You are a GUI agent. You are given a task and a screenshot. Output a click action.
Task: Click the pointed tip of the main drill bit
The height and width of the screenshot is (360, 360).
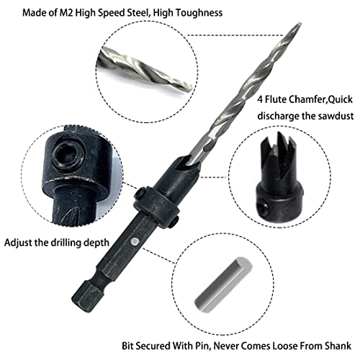tap(300, 24)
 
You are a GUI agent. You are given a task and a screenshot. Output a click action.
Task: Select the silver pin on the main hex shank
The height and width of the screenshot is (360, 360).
tap(135, 241)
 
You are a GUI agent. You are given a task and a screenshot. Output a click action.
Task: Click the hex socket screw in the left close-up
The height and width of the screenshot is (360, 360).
tap(68, 155)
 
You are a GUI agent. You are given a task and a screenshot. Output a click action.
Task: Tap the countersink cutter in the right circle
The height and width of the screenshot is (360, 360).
tap(279, 178)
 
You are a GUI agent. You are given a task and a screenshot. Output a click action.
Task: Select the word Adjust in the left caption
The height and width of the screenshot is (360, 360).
tap(18, 243)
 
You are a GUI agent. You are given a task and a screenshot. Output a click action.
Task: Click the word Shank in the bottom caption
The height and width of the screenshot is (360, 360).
tap(338, 346)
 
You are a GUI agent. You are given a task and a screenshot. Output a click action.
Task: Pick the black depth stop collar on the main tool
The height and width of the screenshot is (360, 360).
tap(156, 205)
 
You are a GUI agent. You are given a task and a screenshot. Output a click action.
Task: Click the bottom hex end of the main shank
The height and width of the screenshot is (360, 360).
tap(84, 293)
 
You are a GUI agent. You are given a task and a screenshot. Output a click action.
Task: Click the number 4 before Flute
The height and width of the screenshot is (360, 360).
tap(260, 99)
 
